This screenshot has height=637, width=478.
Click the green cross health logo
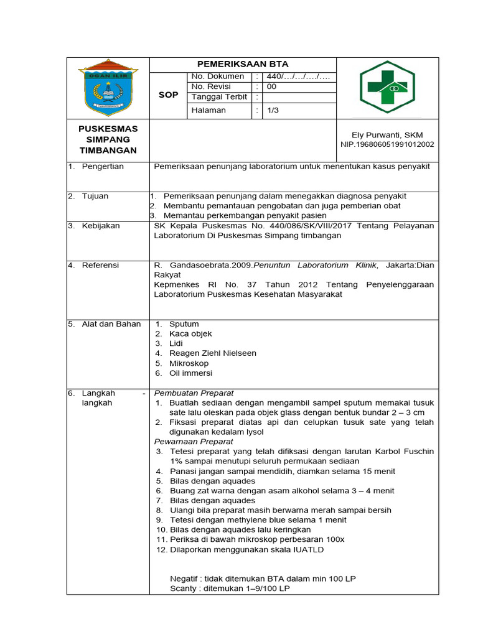click(x=387, y=88)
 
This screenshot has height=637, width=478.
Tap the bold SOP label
click(x=169, y=95)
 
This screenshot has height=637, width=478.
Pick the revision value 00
click(x=271, y=87)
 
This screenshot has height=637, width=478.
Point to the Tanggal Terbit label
click(x=220, y=98)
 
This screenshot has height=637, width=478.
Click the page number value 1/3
click(x=273, y=111)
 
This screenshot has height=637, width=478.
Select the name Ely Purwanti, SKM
click(x=387, y=135)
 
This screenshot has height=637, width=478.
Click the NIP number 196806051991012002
click(x=387, y=144)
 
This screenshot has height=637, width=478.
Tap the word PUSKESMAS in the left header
click(x=108, y=128)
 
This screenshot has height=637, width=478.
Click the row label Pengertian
click(x=103, y=167)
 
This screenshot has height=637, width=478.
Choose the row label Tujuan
click(x=95, y=196)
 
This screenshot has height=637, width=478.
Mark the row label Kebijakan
click(x=100, y=226)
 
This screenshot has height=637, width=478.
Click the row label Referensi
click(x=100, y=265)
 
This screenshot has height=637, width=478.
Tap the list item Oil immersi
click(x=190, y=373)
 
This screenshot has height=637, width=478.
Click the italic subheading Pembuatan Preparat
click(x=194, y=393)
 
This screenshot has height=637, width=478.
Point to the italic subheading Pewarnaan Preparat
click(x=194, y=442)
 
